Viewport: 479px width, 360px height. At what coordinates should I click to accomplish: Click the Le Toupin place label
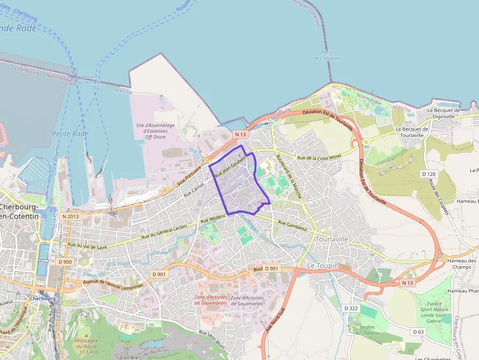[x=322, y=265]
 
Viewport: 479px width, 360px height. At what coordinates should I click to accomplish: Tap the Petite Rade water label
[x=70, y=133]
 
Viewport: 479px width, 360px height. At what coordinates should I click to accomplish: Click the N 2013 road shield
[x=70, y=216]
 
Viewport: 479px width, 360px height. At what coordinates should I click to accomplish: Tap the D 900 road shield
[x=65, y=262]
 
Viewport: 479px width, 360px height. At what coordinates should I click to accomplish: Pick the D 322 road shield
[x=350, y=308]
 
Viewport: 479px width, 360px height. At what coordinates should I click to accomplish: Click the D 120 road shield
[x=429, y=174]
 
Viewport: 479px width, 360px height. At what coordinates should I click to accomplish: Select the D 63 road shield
[x=418, y=332]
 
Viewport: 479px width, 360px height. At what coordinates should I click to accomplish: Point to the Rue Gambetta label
[x=292, y=226]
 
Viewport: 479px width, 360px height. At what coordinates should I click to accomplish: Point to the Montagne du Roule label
[x=87, y=346]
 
